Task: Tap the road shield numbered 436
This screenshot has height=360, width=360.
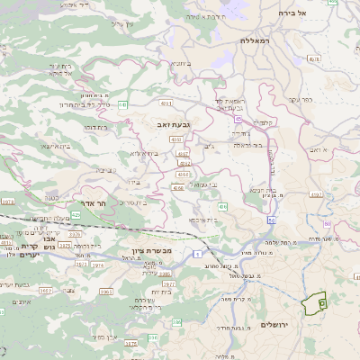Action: (x=222, y=207)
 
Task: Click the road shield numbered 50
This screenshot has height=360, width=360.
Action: (x=272, y=219)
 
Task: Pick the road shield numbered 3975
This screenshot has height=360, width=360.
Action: (x=76, y=234)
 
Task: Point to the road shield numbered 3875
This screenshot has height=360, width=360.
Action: (x=130, y=343)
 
